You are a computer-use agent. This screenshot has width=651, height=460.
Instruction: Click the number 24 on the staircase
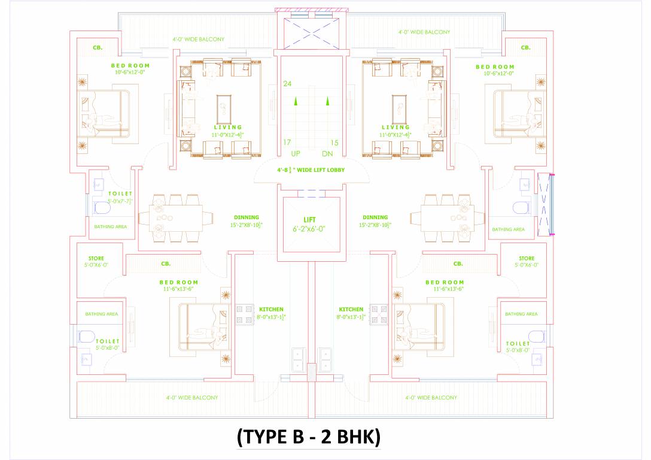[x=288, y=84]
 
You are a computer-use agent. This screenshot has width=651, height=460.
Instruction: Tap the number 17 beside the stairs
[x=288, y=143]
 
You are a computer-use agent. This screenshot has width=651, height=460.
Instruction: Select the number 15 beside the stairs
[x=334, y=143]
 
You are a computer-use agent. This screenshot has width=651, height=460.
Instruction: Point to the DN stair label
[x=327, y=154]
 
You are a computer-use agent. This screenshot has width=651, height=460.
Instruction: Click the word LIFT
[x=309, y=220]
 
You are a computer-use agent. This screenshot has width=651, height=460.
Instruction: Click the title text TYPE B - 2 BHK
[x=309, y=437]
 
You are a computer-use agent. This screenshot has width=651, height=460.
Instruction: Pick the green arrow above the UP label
[x=295, y=102]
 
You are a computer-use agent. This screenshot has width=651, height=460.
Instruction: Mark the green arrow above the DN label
[x=327, y=102]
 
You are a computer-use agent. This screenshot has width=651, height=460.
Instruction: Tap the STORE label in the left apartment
[x=96, y=258]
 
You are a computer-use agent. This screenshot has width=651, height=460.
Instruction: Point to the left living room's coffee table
[x=224, y=108]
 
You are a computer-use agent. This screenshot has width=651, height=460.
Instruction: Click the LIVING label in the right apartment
[x=396, y=127]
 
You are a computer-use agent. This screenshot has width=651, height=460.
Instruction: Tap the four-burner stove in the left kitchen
[x=245, y=314]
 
